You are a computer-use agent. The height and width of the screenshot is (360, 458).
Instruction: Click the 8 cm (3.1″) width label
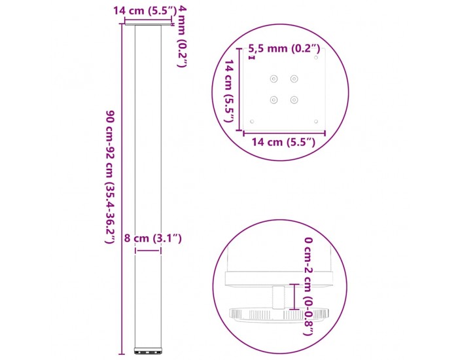click(153, 238)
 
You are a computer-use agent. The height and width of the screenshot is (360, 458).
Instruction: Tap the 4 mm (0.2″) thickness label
click(182, 36)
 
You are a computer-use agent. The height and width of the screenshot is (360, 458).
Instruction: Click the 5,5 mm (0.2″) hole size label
click(284, 48)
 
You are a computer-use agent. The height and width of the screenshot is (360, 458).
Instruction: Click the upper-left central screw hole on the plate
click(273, 79)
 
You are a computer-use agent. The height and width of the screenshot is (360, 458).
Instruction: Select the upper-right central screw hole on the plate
click(294, 79)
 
